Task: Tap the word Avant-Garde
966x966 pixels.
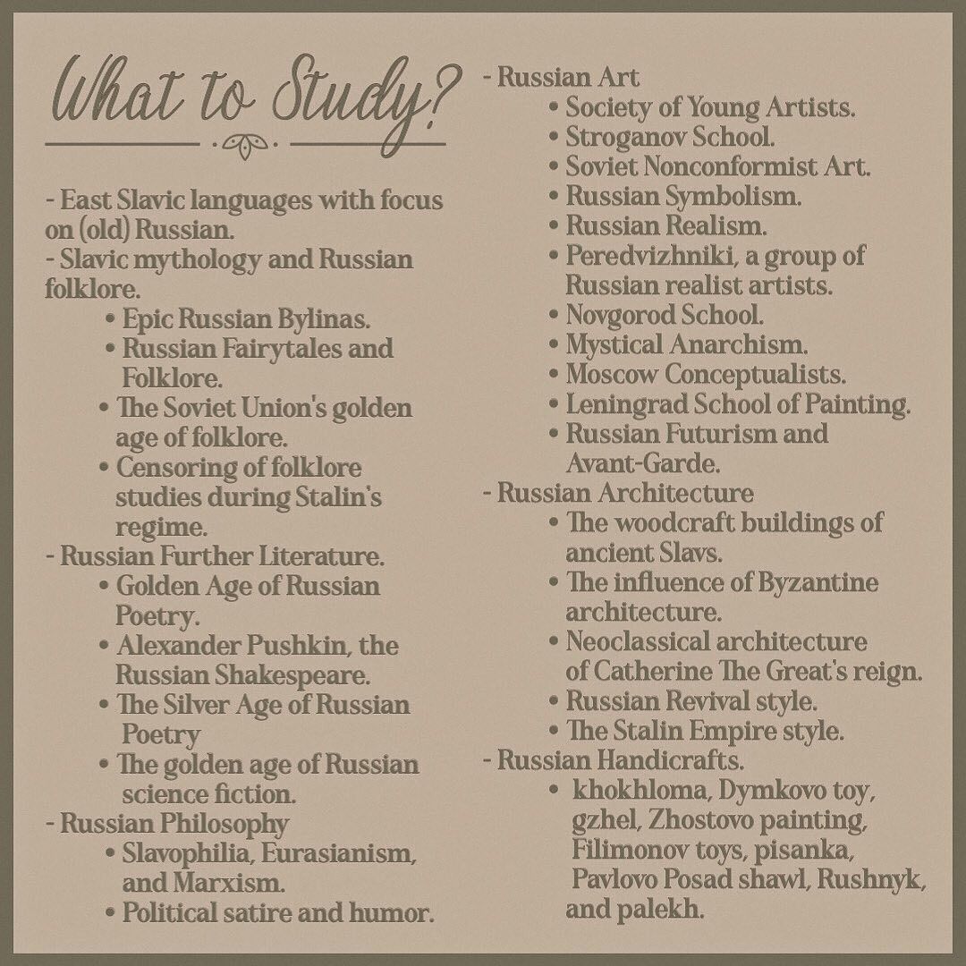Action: tap(641, 463)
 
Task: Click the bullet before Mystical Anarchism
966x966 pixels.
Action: tap(554, 345)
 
